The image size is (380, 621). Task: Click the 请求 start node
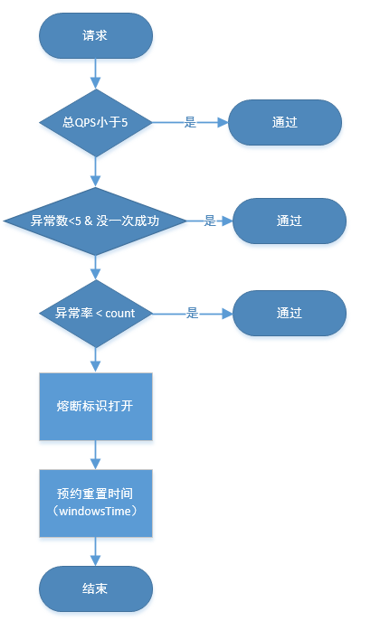click(95, 35)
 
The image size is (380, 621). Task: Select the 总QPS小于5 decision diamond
click(95, 122)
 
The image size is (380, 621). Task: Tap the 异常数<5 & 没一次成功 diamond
click(95, 221)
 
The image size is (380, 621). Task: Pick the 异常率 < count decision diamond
click(95, 313)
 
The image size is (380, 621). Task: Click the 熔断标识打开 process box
click(95, 405)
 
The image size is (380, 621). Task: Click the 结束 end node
click(95, 588)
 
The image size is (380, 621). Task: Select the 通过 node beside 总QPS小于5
click(285, 122)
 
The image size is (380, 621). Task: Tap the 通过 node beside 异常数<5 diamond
click(290, 221)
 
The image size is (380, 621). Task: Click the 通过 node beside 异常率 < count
click(290, 313)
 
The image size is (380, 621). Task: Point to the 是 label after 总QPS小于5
click(190, 122)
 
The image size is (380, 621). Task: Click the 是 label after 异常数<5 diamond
click(209, 221)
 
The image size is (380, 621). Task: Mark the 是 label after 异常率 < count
click(192, 313)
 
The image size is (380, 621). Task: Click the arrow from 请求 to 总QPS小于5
click(95, 73)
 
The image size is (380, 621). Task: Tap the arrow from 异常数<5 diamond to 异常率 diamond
click(95, 266)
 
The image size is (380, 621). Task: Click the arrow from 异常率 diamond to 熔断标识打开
click(95, 359)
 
